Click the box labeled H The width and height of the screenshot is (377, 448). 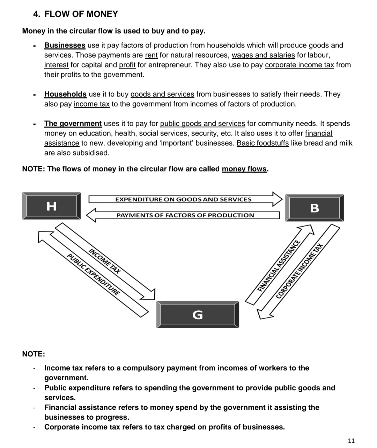click(x=51, y=206)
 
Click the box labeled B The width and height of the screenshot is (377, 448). click(x=315, y=208)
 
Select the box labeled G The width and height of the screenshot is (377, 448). click(x=198, y=315)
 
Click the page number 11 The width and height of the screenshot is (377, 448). click(x=351, y=440)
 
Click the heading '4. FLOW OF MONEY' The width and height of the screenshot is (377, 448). click(x=75, y=14)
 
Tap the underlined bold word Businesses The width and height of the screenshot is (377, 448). click(x=65, y=45)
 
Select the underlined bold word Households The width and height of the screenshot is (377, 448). click(x=65, y=94)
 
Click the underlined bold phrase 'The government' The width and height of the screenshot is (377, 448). click(x=73, y=124)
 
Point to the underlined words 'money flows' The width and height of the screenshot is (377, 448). click(x=244, y=169)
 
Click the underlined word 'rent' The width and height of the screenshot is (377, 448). click(x=151, y=55)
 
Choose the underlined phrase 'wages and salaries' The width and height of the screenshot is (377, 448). click(x=263, y=55)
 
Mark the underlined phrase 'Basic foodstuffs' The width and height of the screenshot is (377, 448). click(x=263, y=143)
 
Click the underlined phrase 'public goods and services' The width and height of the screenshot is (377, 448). click(x=202, y=124)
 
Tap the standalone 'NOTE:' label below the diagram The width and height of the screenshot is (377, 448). click(x=34, y=354)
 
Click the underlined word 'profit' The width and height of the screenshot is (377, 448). click(x=127, y=65)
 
